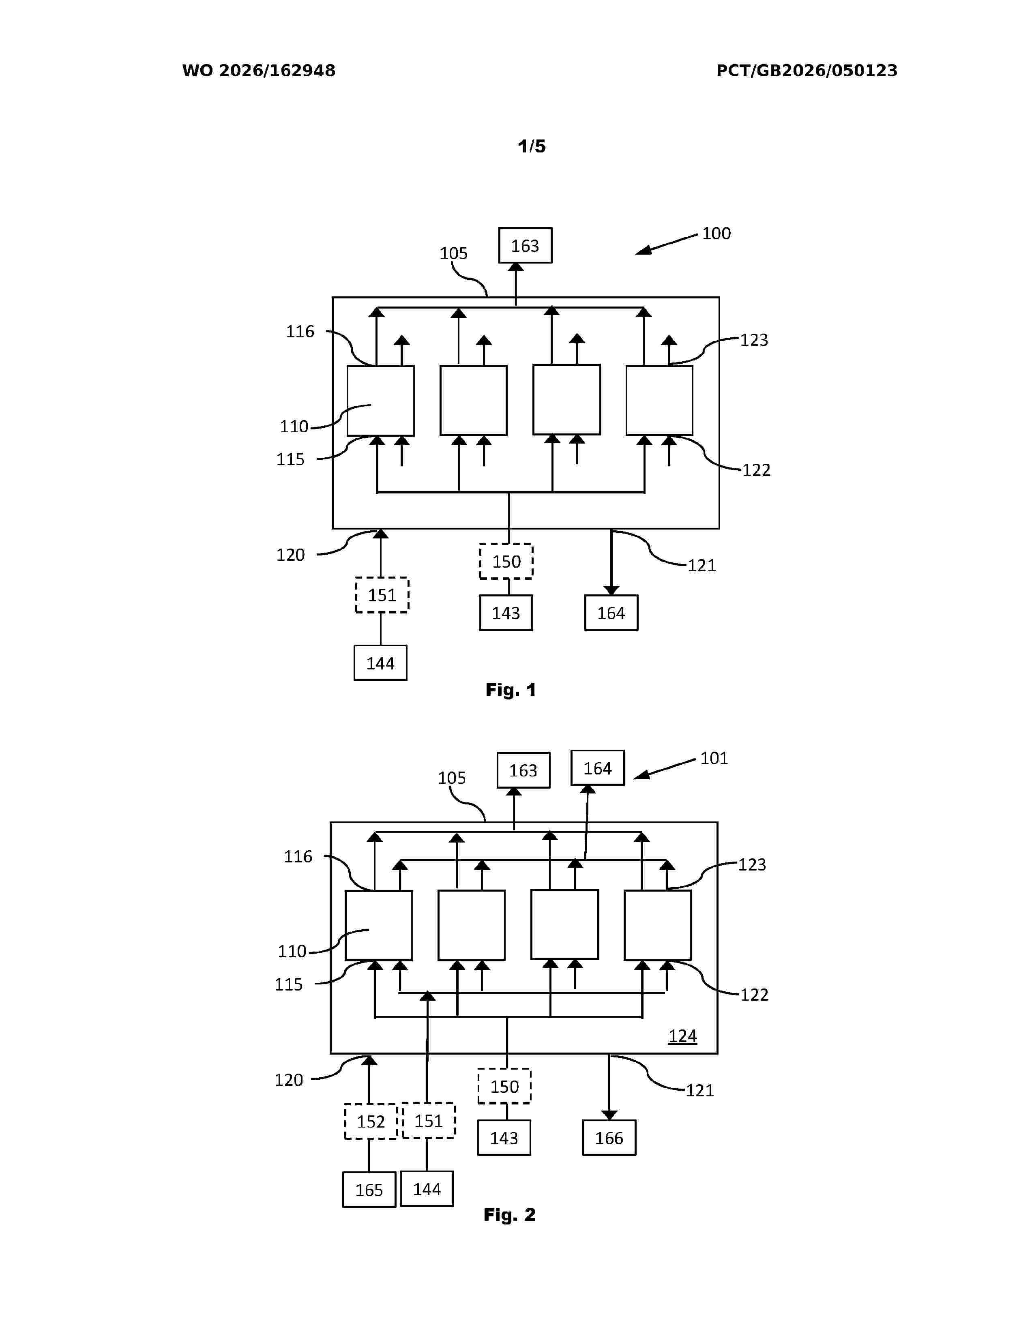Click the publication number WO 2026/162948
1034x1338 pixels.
(x=259, y=71)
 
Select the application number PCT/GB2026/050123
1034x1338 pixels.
(x=807, y=71)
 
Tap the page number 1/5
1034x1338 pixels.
(x=532, y=146)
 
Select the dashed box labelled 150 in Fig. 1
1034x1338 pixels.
(x=506, y=561)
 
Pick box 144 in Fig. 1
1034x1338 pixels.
(x=380, y=663)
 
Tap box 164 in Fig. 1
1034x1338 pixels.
(x=611, y=613)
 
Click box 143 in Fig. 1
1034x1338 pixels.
(x=506, y=613)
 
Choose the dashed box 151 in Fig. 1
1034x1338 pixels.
(x=382, y=595)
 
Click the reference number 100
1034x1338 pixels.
(x=716, y=234)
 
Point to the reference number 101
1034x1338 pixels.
(x=714, y=759)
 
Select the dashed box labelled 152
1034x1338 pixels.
(x=371, y=1121)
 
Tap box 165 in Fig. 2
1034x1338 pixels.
(x=369, y=1190)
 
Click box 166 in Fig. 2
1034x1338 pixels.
(x=609, y=1138)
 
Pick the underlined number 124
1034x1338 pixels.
(x=682, y=1036)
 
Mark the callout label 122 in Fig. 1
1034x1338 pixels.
(x=757, y=470)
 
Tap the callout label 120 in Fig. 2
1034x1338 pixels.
(x=289, y=1079)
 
